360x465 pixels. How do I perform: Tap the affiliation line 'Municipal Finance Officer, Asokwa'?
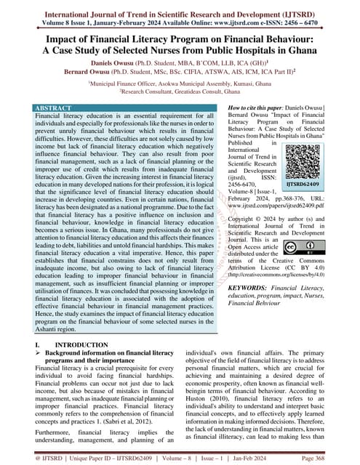(180, 86)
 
